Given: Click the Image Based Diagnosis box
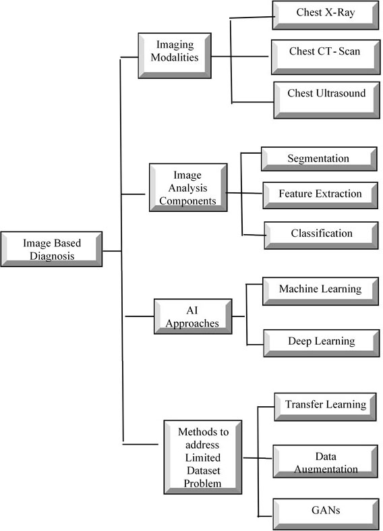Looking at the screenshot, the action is tap(51, 249).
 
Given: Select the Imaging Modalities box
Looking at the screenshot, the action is tap(175, 55).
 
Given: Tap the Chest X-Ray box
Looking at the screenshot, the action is tap(326, 16).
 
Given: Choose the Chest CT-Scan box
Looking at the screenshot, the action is tap(326, 57).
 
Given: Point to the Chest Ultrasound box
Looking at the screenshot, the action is tap(326, 100).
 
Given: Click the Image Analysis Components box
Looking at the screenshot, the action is tap(188, 188).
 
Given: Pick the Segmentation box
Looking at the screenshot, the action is tap(319, 159).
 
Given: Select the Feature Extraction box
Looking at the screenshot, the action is tap(320, 195).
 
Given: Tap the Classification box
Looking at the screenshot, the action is tap(321, 235).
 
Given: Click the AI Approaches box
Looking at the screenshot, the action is tap(193, 316).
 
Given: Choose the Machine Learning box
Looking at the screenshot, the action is tap(320, 291).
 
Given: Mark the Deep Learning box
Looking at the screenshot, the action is tap(322, 343).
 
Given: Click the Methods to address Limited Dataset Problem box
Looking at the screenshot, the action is tap(203, 457).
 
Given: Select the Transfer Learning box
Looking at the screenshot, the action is tap(325, 407).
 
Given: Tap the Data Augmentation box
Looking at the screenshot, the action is tap(325, 462).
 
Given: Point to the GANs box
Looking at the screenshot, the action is tap(326, 513).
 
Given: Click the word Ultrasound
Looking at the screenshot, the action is tap(341, 93).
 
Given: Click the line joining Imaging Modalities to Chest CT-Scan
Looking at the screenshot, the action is tap(240, 57).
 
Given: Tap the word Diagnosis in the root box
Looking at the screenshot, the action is tap(52, 256).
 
